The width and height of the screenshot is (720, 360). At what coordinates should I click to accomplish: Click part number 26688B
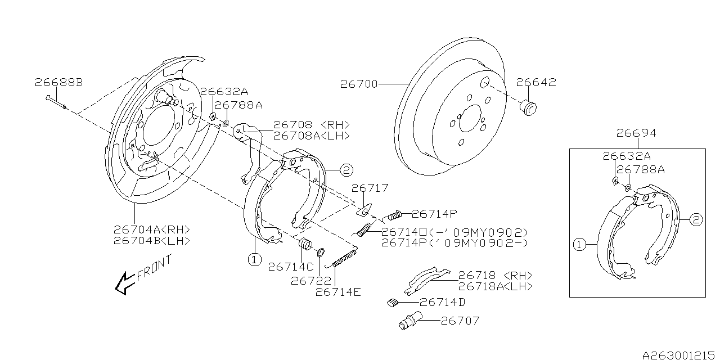click(x=58, y=83)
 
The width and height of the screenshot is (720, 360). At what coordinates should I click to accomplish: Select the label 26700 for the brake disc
click(x=358, y=84)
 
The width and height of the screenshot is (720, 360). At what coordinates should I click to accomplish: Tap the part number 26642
click(x=536, y=83)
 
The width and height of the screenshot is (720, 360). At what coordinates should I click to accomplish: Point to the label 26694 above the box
click(x=636, y=133)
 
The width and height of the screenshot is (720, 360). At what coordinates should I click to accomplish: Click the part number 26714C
click(x=290, y=266)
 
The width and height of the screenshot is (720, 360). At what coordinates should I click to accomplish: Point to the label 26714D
click(x=443, y=302)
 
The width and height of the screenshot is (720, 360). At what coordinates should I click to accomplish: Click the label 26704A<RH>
click(x=151, y=229)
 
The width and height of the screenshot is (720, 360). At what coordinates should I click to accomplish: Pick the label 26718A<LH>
click(x=495, y=286)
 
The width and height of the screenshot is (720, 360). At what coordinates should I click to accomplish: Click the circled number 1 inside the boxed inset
click(x=578, y=245)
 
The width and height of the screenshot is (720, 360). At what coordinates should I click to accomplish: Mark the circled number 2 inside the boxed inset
click(x=695, y=220)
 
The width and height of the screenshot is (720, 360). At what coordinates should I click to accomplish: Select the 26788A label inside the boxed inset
click(x=640, y=169)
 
